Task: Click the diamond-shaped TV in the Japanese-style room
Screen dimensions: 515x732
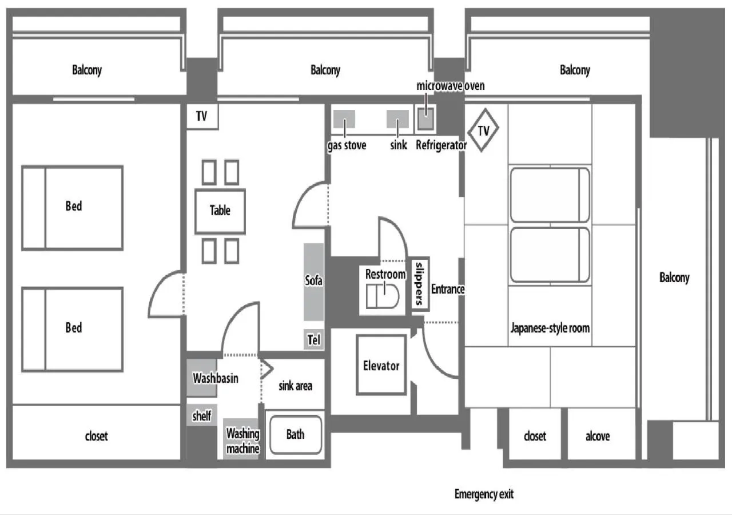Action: click(x=483, y=130)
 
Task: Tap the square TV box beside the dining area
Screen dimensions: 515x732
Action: click(x=201, y=117)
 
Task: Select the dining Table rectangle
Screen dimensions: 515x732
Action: click(x=220, y=211)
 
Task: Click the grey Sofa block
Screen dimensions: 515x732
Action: click(x=313, y=282)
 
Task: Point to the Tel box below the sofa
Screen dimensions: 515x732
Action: click(x=313, y=340)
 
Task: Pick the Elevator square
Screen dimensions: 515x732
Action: click(x=381, y=365)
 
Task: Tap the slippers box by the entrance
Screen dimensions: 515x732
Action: click(x=420, y=283)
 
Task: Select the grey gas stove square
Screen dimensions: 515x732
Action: click(x=344, y=119)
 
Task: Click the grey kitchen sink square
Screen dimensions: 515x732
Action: click(x=397, y=119)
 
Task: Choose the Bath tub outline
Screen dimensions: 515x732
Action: click(x=295, y=435)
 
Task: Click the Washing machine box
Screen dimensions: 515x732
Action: click(x=242, y=439)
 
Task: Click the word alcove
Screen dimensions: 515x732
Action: click(x=598, y=437)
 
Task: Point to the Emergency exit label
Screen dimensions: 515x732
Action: click(x=484, y=494)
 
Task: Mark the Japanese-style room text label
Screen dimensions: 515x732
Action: click(x=550, y=328)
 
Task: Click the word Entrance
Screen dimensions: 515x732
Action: click(x=447, y=289)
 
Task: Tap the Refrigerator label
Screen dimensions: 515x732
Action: click(x=441, y=145)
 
